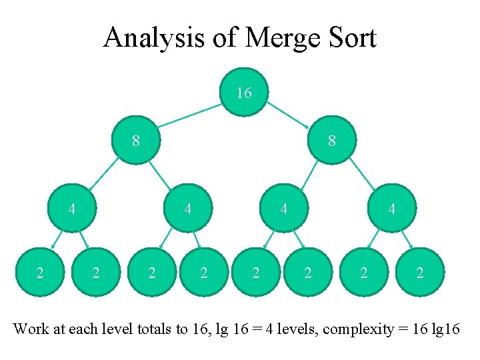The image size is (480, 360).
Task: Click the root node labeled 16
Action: tap(244, 93)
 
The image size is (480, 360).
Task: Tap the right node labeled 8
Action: tap(331, 141)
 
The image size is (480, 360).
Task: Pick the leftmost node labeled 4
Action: tap(72, 209)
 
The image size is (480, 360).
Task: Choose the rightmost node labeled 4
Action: tap(391, 209)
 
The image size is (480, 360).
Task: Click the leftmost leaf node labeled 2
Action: tap(40, 272)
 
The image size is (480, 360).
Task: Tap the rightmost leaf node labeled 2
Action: tap(419, 272)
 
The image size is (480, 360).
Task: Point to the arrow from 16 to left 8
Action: tap(190, 114)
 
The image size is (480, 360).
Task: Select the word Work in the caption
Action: tap(31, 329)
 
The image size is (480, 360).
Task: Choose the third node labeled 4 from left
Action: tap(284, 209)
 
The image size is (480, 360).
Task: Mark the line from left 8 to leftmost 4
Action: tap(103, 175)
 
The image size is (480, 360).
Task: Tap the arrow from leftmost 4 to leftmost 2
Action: tap(58, 240)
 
